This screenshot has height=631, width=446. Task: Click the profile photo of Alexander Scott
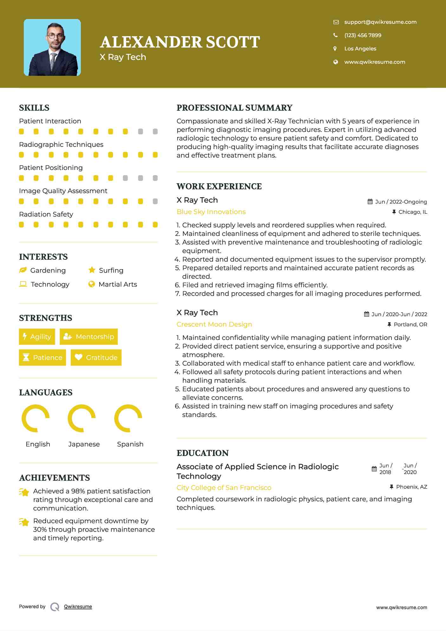(52, 48)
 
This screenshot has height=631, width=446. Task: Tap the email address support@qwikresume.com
(380, 22)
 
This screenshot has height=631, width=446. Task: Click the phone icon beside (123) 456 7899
(335, 35)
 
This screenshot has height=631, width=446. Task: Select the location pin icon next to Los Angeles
(335, 49)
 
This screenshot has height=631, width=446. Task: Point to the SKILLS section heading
(34, 108)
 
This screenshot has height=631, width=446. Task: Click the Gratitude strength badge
(96, 357)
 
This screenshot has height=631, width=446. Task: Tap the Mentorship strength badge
(89, 336)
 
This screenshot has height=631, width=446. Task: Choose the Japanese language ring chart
(82, 418)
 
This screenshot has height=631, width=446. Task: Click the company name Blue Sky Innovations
(211, 212)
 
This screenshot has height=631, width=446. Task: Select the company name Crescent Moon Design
(214, 324)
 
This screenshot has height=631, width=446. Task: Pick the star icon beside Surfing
(92, 270)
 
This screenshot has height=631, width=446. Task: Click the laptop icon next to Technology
(23, 284)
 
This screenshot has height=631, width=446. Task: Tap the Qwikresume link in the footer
(78, 607)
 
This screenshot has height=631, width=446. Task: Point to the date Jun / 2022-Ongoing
(401, 202)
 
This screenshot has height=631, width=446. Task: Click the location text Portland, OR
(410, 324)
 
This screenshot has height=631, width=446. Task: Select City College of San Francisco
(224, 488)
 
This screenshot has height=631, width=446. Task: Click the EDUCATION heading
(203, 453)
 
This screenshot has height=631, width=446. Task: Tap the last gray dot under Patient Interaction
(155, 132)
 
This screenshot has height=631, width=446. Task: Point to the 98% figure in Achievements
(78, 491)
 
